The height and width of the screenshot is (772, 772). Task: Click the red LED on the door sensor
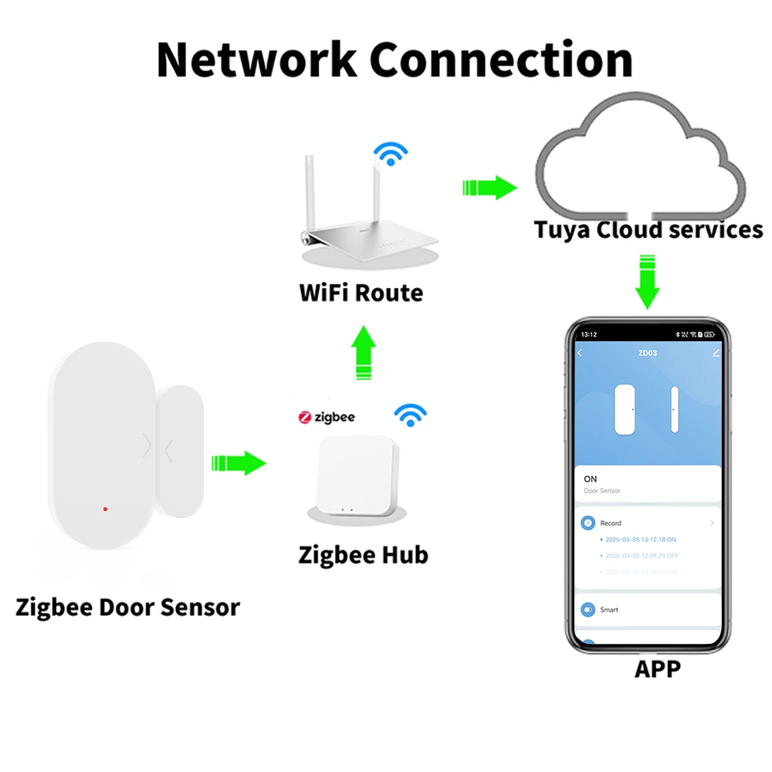click(105, 510)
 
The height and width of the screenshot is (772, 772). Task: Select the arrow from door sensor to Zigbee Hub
click(239, 464)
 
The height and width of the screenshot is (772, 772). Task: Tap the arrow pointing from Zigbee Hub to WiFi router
click(364, 352)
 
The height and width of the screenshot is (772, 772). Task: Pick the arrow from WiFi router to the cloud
click(489, 187)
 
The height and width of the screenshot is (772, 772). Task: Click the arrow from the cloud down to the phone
click(647, 283)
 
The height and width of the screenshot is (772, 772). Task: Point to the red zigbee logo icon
click(306, 417)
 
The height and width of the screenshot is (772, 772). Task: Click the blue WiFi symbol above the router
click(391, 154)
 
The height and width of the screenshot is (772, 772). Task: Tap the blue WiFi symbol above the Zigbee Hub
click(410, 415)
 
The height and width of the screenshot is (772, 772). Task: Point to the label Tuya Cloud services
click(648, 230)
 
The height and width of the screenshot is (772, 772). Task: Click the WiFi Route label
click(361, 293)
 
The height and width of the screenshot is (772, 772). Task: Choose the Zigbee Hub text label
click(363, 554)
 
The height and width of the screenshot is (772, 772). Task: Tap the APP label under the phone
click(658, 669)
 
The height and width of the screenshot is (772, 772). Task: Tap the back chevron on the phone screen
click(581, 353)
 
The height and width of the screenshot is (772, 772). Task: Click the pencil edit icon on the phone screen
click(716, 353)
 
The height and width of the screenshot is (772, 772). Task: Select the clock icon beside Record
click(588, 523)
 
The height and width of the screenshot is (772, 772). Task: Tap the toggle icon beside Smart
click(588, 609)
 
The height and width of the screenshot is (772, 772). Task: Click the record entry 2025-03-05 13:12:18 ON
click(640, 540)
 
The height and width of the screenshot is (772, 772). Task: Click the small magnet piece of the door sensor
click(179, 451)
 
